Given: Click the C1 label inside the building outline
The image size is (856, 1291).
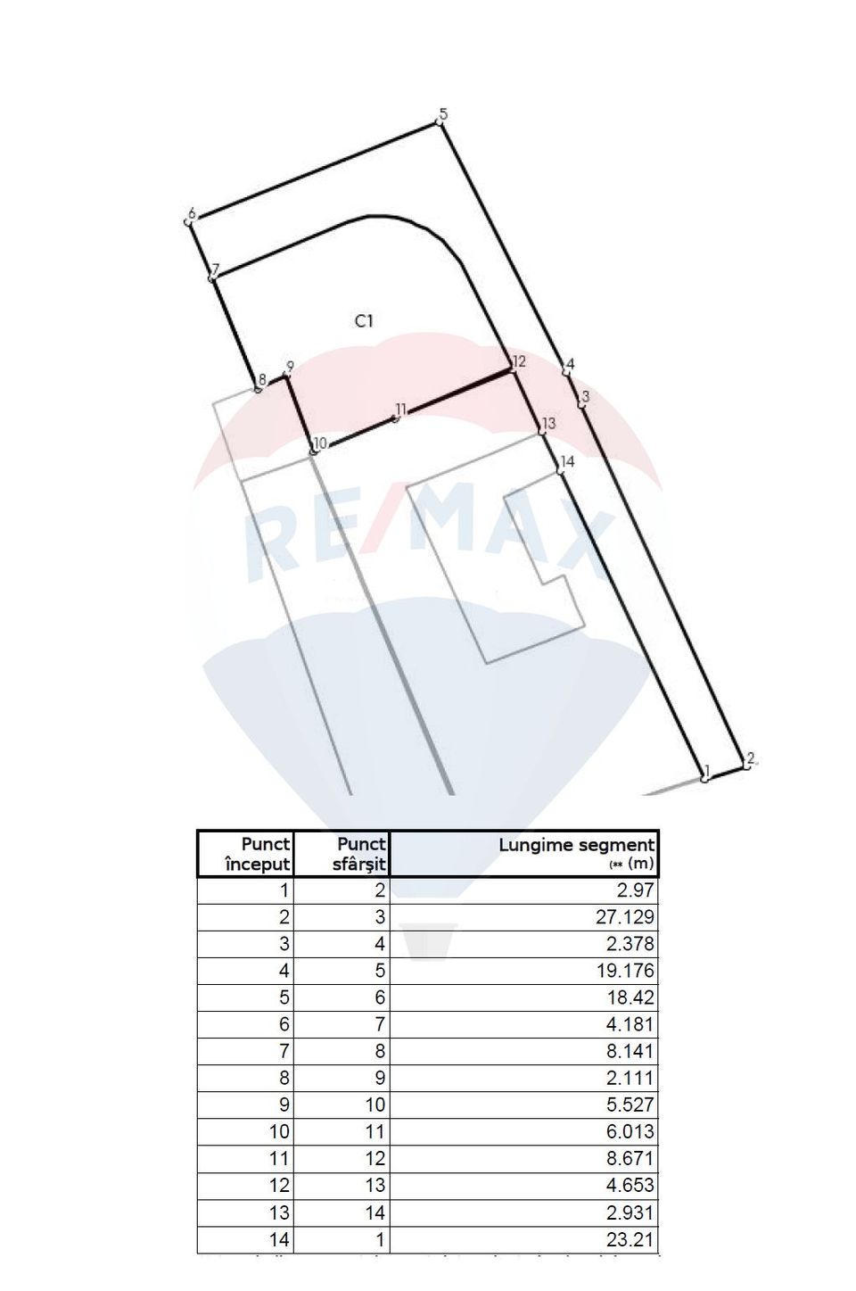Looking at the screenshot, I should click(x=363, y=321).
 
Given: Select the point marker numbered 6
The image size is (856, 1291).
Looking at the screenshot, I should click(x=188, y=220).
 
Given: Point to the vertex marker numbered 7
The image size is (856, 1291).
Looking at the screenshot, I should click(x=211, y=278).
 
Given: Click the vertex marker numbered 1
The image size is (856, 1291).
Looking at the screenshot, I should click(x=704, y=779).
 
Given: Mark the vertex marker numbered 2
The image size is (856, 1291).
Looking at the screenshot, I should click(x=746, y=765).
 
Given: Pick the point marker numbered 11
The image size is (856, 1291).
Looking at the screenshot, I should click(x=395, y=418).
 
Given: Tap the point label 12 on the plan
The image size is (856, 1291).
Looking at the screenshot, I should click(x=519, y=361).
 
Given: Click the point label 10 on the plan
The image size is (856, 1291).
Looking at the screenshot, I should click(x=321, y=443).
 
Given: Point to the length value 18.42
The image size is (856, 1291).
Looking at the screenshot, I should click(x=629, y=997).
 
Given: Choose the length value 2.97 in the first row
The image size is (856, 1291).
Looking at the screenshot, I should click(x=635, y=890).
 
